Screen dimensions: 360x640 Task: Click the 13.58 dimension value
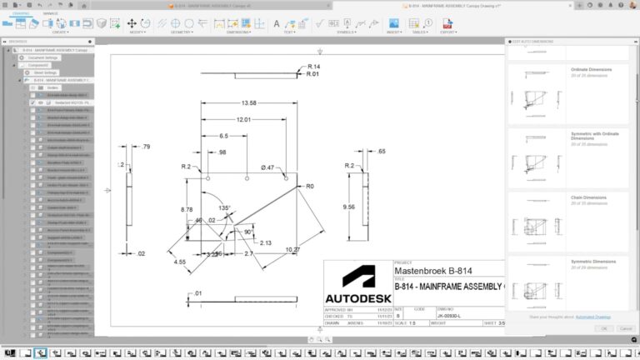[247, 103]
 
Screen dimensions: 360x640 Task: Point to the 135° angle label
[225, 207]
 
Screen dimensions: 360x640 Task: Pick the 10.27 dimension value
[293, 250]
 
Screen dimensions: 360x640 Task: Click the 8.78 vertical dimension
[187, 210]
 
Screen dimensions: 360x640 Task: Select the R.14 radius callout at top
[313, 66]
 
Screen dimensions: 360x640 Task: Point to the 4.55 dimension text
[180, 262]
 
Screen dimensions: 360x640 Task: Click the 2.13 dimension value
[265, 242]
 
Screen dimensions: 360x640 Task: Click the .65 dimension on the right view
[381, 152]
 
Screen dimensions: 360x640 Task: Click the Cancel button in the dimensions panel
[623, 328]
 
